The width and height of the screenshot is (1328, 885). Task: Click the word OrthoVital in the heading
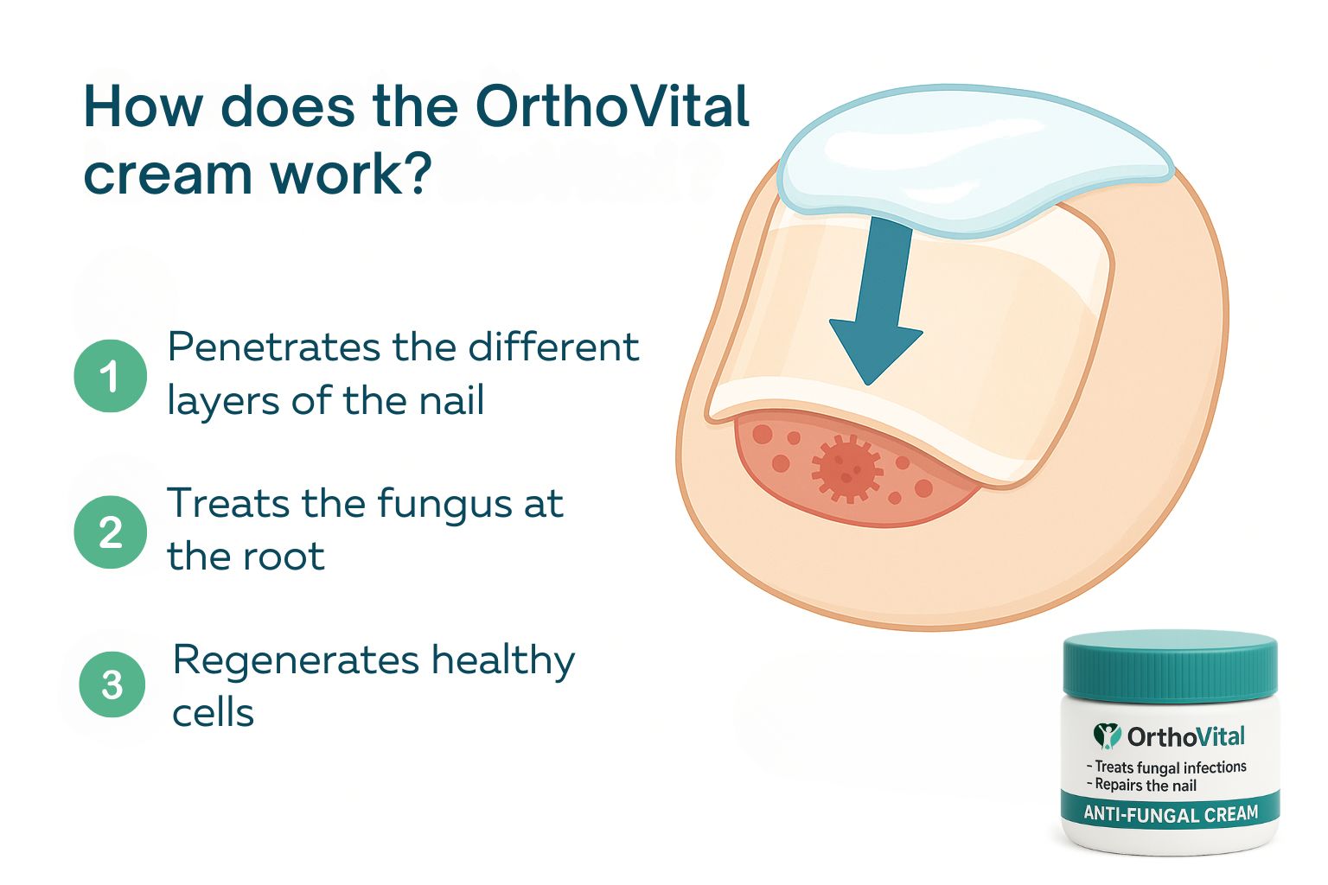[612, 106]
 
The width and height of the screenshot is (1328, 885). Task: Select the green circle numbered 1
[111, 376]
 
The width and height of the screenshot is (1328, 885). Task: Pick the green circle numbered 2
[111, 532]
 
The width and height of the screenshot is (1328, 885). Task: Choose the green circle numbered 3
[112, 684]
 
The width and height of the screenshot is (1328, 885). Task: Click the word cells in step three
[213, 712]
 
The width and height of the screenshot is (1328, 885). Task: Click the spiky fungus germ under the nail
[846, 468]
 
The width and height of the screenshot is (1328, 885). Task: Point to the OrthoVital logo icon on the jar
[1107, 735]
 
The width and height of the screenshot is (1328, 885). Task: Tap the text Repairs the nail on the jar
[1141, 786]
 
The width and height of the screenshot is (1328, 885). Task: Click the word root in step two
[284, 557]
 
